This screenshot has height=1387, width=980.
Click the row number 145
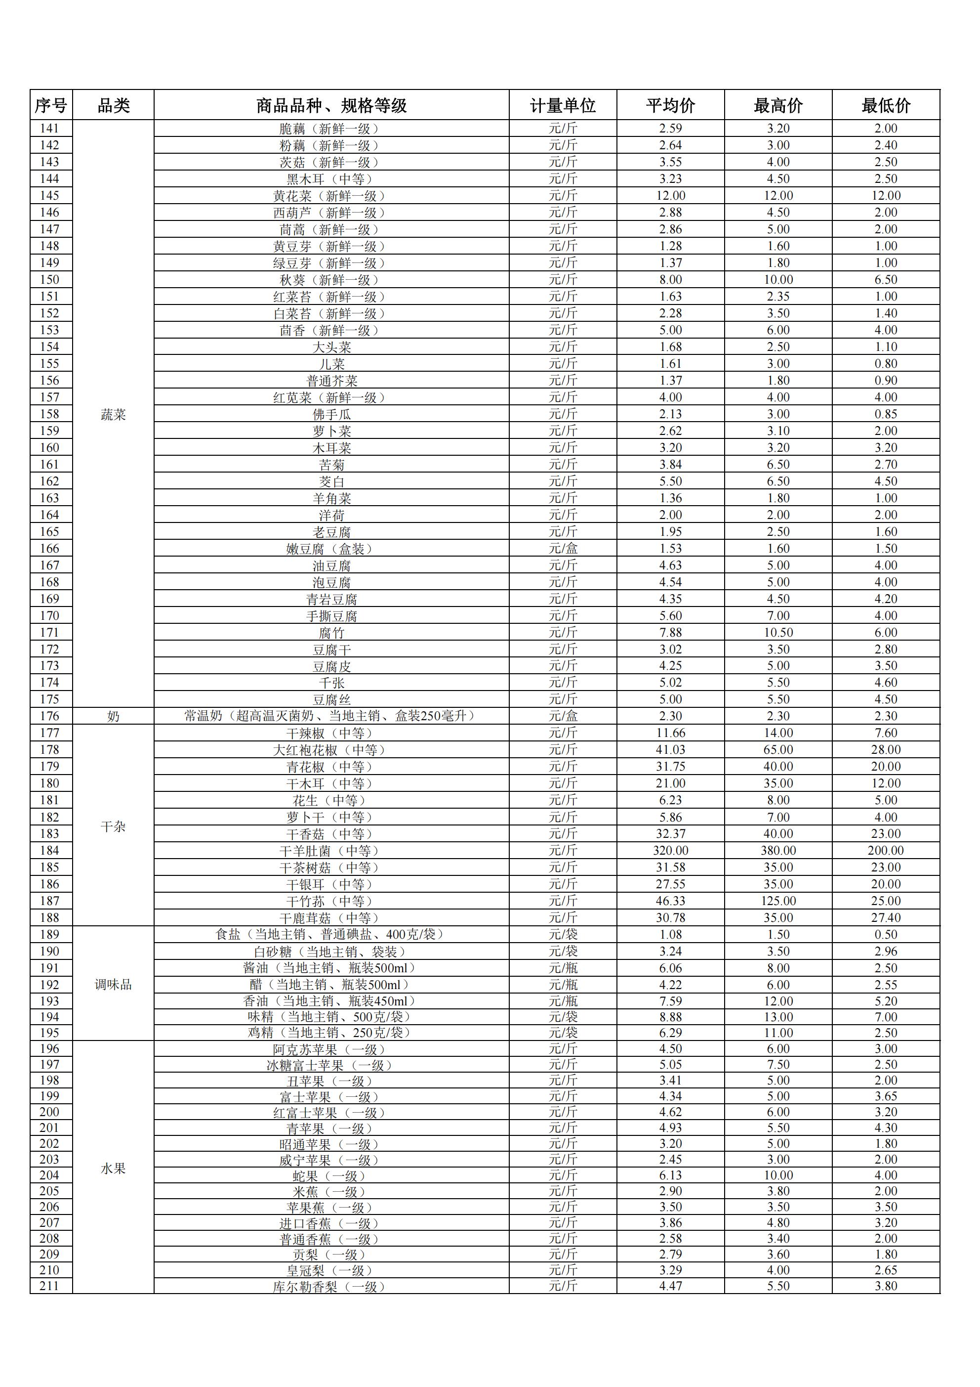tap(49, 196)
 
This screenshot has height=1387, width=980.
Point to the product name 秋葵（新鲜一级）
tap(331, 280)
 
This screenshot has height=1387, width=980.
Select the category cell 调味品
tap(113, 985)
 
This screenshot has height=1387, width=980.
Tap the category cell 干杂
tap(113, 826)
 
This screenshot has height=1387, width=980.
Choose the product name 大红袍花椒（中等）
tap(331, 750)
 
